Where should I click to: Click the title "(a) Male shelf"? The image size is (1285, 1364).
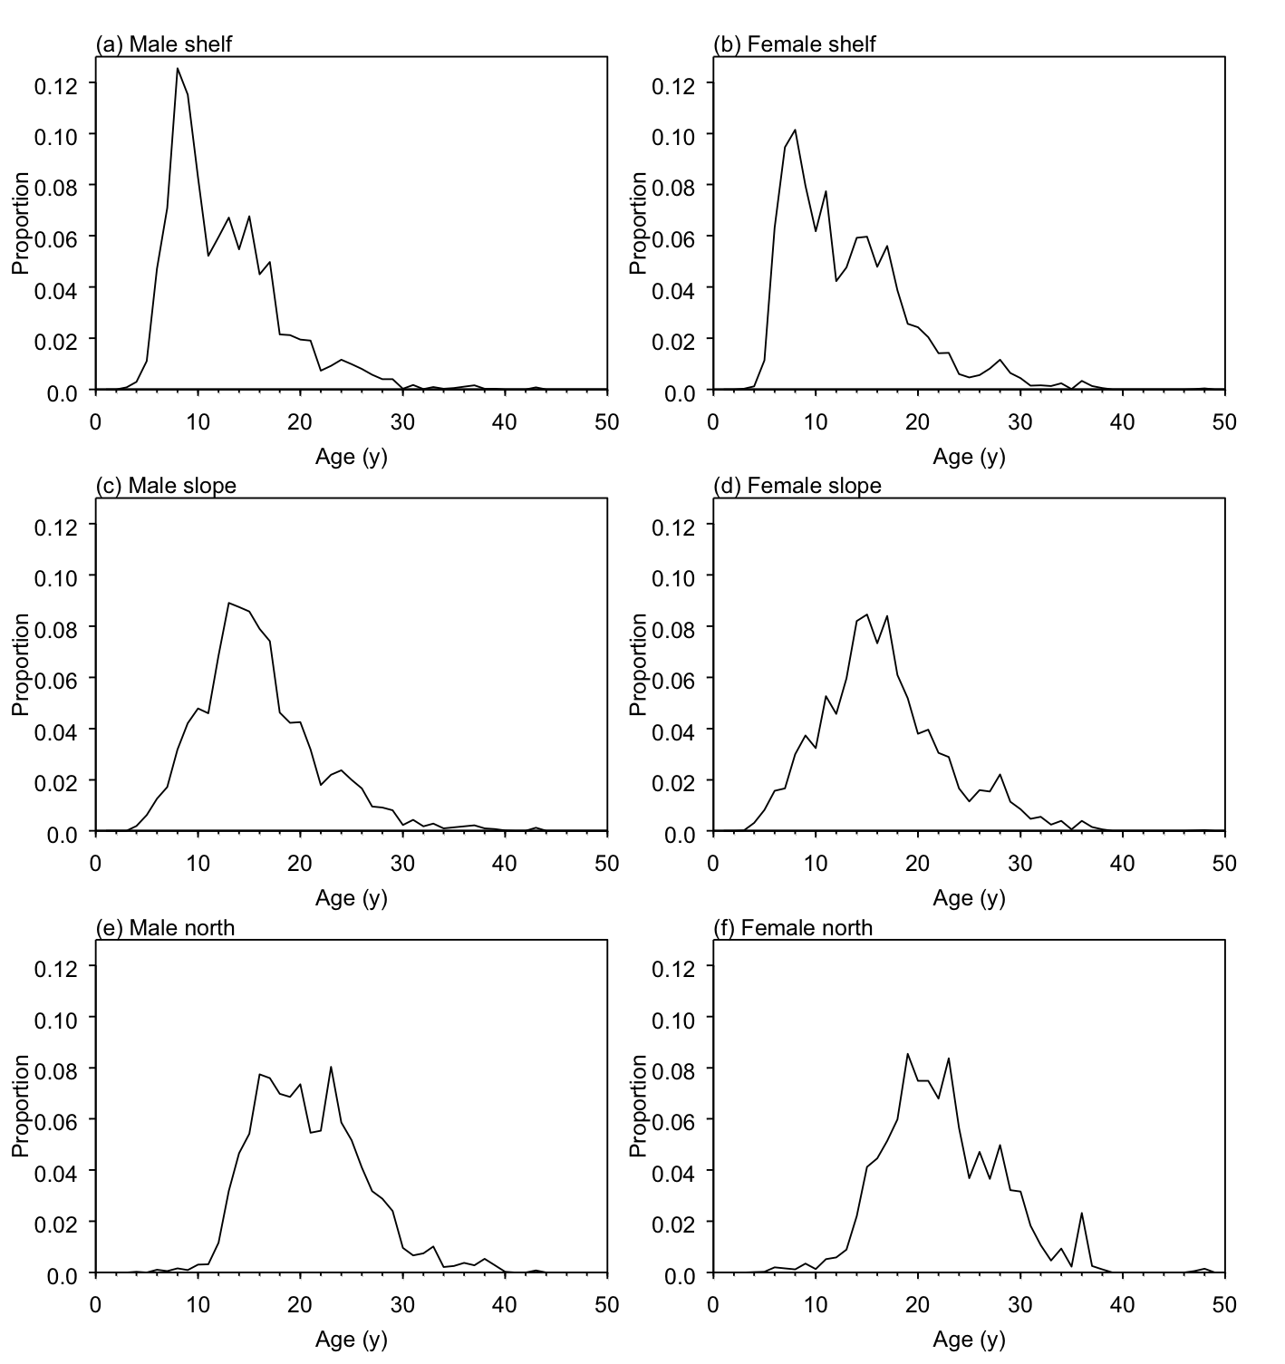pyautogui.click(x=164, y=44)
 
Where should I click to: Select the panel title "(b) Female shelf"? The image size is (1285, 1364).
pyautogui.click(x=795, y=44)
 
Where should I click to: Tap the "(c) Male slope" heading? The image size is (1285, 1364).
pyautogui.click(x=166, y=486)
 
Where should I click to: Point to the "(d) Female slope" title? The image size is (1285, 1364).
pyautogui.click(x=797, y=486)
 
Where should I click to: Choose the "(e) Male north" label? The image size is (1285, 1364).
pyautogui.click(x=165, y=927)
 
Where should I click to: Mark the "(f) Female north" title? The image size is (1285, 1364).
pyautogui.click(x=793, y=928)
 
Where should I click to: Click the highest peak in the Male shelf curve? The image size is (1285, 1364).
pyautogui.click(x=178, y=68)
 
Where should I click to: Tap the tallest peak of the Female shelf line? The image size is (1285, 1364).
pyautogui.click(x=795, y=130)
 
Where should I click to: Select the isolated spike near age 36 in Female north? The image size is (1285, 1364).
pyautogui.click(x=1081, y=1213)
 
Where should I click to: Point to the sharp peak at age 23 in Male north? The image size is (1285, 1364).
pyautogui.click(x=331, y=1067)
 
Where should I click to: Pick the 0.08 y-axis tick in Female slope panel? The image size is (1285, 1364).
pyautogui.click(x=680, y=627)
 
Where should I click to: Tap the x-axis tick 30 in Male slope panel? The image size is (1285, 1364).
pyautogui.click(x=402, y=863)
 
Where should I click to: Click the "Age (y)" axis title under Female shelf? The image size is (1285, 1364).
pyautogui.click(x=969, y=457)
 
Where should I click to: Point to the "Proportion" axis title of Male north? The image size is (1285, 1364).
pyautogui.click(x=21, y=1106)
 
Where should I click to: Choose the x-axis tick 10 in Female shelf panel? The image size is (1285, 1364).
pyautogui.click(x=816, y=421)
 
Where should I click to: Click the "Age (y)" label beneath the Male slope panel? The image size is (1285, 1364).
pyautogui.click(x=351, y=898)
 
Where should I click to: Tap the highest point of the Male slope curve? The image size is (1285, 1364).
pyautogui.click(x=228, y=603)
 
